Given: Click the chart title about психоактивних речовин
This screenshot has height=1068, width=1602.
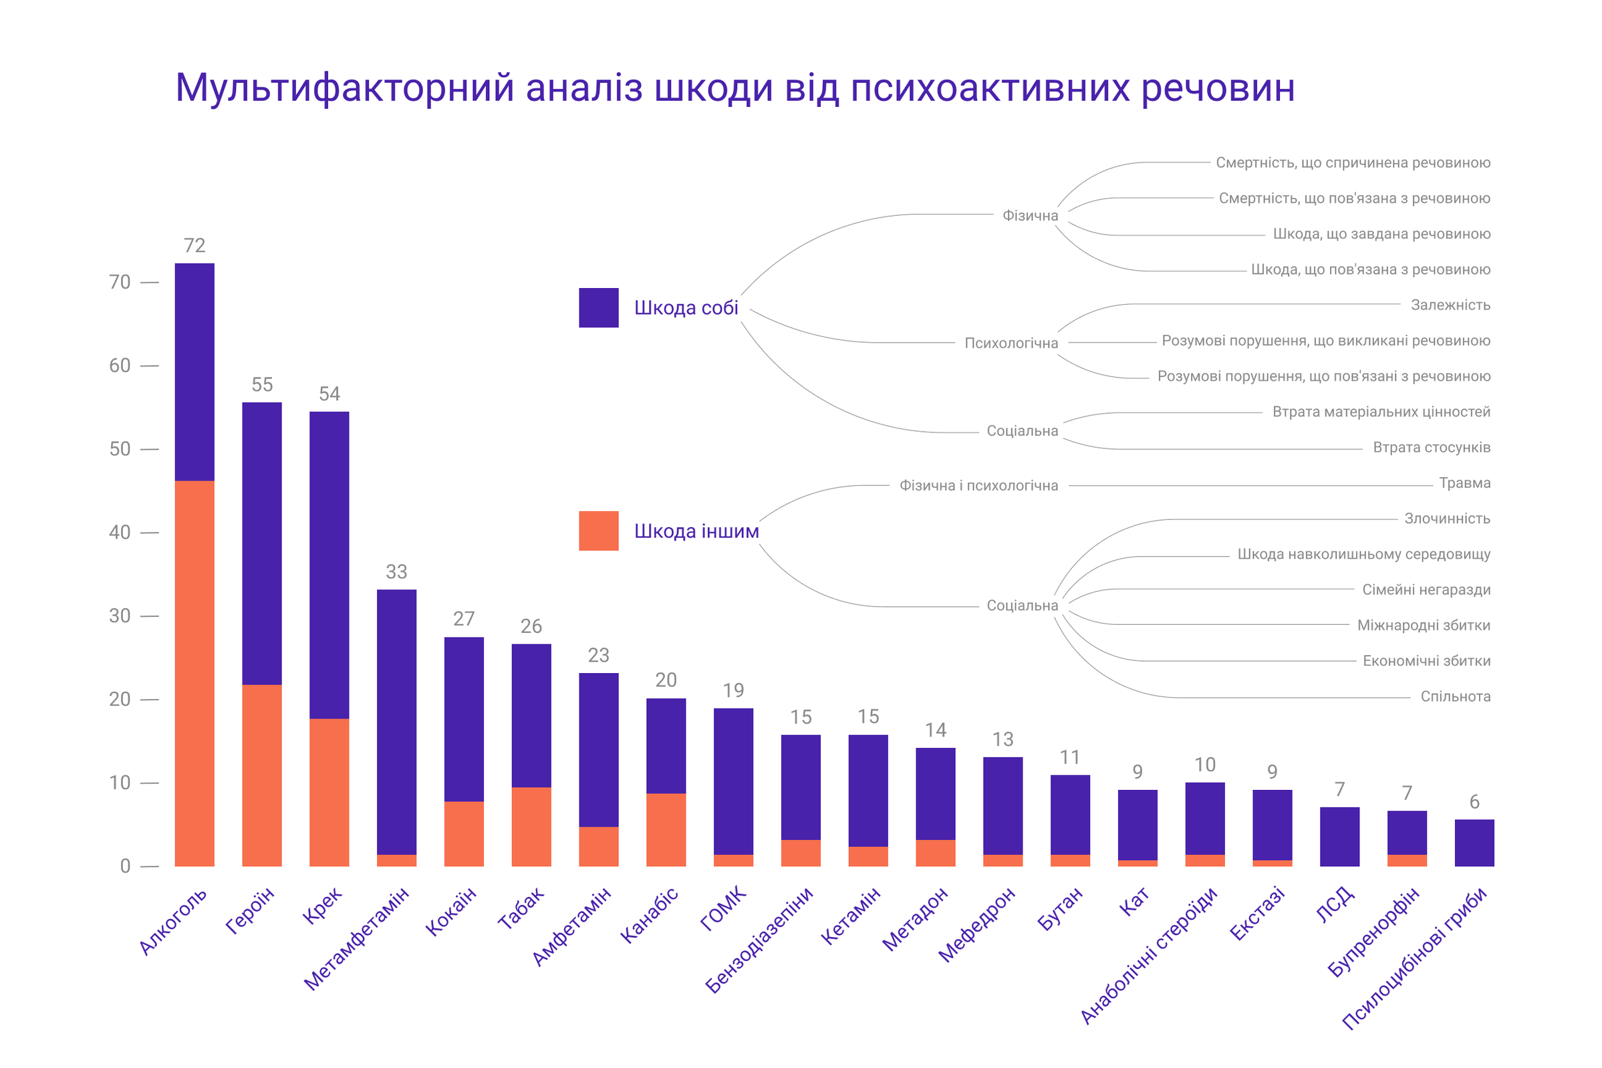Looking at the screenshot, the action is click(x=735, y=88).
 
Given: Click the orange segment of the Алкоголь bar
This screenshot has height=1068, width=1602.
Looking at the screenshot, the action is click(x=194, y=674).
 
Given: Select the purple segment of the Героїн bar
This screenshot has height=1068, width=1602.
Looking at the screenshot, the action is click(x=262, y=543).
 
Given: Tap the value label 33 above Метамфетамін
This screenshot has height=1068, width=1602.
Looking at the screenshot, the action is click(x=396, y=571).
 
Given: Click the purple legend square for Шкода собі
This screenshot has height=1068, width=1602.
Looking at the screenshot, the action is click(x=599, y=308).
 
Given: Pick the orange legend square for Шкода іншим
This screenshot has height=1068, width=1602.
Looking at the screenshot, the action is click(x=599, y=531).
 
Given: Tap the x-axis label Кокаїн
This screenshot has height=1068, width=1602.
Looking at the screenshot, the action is click(x=452, y=911).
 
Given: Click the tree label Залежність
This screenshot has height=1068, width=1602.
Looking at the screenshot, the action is click(x=1451, y=305).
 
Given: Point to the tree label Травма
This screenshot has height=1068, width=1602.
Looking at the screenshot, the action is click(x=1465, y=484).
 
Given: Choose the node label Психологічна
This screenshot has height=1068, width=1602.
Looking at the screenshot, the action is click(x=1011, y=344).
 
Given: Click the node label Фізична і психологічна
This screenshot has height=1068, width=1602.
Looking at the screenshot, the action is click(x=978, y=486).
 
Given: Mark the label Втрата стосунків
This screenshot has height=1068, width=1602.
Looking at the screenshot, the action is click(x=1432, y=448).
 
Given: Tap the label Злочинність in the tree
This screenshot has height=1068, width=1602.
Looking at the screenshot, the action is click(x=1448, y=519).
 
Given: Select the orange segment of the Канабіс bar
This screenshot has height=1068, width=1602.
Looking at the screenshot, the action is click(x=666, y=829).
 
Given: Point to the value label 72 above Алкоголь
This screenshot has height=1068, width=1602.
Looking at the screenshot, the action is click(x=194, y=245).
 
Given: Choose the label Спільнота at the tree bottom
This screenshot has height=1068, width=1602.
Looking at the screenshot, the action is click(x=1456, y=697).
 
